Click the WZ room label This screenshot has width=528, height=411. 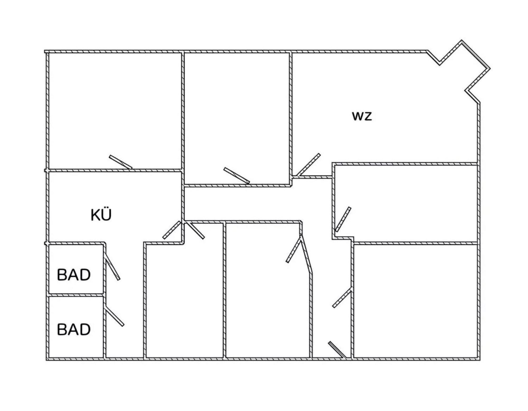coord(362,116)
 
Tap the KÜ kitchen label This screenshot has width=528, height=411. coord(101,215)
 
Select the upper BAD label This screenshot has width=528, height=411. coord(74,275)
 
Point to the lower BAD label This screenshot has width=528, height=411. coord(74,329)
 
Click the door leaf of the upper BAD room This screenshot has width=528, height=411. coord(112,268)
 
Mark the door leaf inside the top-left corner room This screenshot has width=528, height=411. coord(121,162)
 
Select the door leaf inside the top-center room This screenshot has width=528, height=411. coord(237,175)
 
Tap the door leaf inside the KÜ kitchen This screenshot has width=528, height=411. coord(172,230)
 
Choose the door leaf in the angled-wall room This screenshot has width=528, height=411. coord(294,250)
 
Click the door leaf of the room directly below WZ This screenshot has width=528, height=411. coord(343,219)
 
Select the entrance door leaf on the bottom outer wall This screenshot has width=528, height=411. coord(337,350)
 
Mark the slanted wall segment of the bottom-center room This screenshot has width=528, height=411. coord(306,253)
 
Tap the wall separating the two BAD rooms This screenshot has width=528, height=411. coord(76,295)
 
